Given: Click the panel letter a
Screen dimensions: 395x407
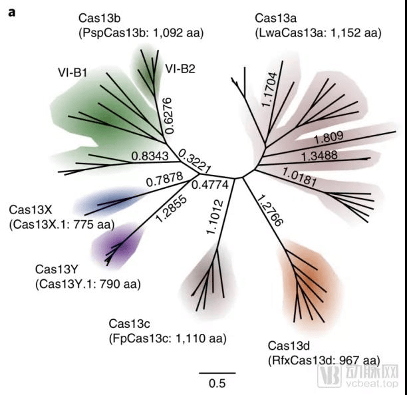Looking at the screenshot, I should point(12,11).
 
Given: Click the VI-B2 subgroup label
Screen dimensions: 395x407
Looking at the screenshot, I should point(180,68).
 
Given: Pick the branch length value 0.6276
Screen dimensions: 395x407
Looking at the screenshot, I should point(171,114).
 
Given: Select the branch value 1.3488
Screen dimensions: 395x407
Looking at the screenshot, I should point(331,156).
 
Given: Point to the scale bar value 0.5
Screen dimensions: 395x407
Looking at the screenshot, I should point(217,383).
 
